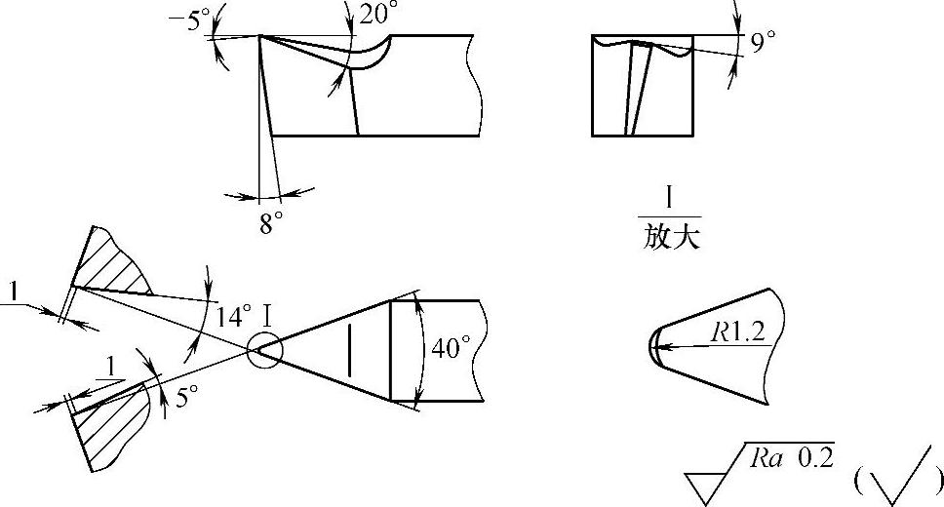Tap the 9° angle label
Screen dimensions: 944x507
(x=764, y=42)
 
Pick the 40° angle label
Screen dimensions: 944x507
(x=451, y=349)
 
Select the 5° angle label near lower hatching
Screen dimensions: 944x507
(x=185, y=397)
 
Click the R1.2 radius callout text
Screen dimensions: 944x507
(x=737, y=331)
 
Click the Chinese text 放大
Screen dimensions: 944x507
(x=671, y=238)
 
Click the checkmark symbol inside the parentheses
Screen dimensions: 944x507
(x=896, y=479)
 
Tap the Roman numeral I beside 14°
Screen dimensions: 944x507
(x=266, y=315)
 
